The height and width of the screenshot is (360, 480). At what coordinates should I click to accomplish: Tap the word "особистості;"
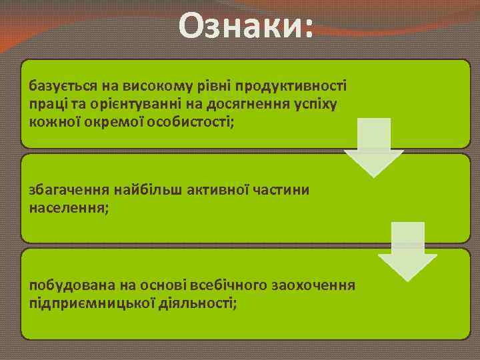coord(197,121)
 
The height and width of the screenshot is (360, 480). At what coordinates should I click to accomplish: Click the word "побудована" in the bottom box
coord(62,286)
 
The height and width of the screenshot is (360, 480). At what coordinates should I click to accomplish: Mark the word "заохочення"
coord(314,286)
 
